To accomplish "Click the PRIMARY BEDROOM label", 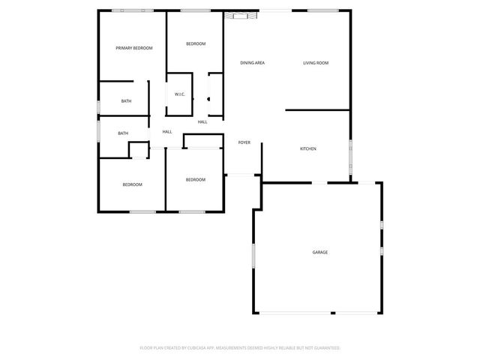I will point(134,48).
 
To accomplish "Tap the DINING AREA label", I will point(252,63).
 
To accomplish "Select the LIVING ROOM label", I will point(316,63).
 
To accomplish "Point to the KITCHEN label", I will point(308,148).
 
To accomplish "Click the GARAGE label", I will point(320,253).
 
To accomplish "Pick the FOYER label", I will point(244,142).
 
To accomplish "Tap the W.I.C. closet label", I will point(180,94).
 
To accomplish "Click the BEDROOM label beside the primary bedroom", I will point(196,44).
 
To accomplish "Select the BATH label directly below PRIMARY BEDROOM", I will point(127,101).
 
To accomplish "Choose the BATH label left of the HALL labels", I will point(123,133).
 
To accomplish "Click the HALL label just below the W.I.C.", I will point(202,121).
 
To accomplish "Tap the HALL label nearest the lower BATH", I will point(167,132).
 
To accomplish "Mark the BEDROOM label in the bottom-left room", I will point(133,184).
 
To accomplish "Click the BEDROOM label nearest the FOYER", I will point(196,179).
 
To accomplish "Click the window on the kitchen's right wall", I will point(350,154).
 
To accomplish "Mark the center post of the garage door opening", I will point(332,313).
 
